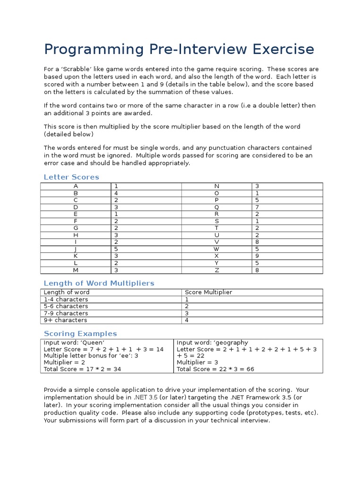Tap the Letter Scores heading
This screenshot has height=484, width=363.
(71, 177)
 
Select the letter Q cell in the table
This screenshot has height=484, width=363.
(216, 207)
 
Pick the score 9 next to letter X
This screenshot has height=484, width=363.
(257, 256)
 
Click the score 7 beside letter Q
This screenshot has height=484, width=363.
(257, 207)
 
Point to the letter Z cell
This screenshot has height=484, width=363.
(216, 270)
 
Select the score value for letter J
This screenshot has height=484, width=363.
(116, 249)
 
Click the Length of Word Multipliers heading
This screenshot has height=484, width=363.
(99, 283)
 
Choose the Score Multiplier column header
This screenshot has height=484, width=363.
(208, 292)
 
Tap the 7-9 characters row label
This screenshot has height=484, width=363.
(66, 313)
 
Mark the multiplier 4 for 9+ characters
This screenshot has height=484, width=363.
(187, 320)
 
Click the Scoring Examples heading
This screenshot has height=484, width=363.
(80, 334)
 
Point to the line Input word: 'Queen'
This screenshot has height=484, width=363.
(74, 343)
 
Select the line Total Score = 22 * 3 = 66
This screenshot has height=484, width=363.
(215, 369)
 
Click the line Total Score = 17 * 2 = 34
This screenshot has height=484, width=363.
(82, 369)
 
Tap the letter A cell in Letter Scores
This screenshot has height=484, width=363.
(76, 186)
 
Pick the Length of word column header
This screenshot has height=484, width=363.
(66, 292)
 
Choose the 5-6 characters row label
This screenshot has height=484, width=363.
(66, 306)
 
